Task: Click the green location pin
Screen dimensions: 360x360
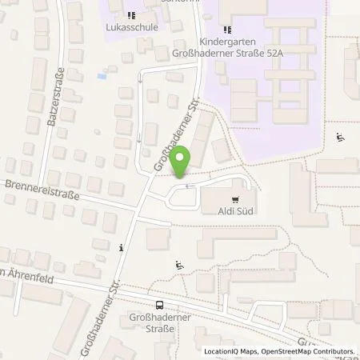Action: [x=182, y=161]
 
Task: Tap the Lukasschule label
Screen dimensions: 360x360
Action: [x=130, y=26]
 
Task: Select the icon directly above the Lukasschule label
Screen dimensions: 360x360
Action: [x=130, y=14]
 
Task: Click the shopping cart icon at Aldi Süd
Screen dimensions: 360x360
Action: [x=234, y=200]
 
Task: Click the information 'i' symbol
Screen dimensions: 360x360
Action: [x=121, y=247]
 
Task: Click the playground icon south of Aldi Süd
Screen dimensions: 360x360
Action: [x=178, y=266]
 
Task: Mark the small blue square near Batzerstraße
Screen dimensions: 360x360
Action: [x=100, y=77]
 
